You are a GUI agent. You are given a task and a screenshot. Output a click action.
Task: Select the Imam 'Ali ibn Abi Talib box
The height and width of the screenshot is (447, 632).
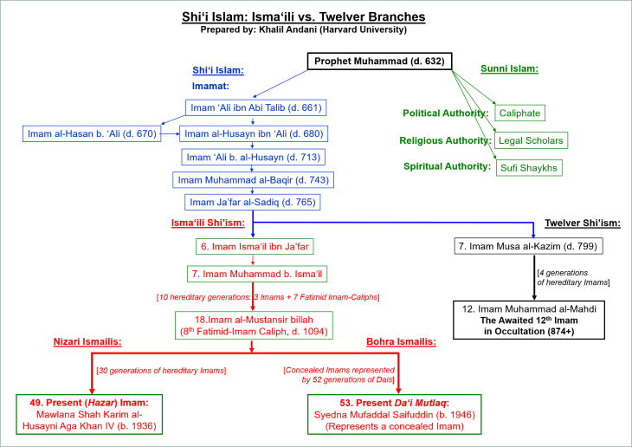(255, 108)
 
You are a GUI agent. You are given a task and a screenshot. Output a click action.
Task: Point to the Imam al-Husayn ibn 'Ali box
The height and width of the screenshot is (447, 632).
(255, 133)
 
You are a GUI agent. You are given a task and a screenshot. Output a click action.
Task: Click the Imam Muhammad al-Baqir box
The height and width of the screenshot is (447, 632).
(255, 179)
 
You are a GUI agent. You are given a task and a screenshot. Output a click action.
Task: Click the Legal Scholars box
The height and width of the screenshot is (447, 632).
(532, 140)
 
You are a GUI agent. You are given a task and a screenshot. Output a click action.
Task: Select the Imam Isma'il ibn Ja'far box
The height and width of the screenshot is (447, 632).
(254, 247)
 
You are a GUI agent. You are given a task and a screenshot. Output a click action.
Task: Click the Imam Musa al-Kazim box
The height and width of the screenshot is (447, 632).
(528, 247)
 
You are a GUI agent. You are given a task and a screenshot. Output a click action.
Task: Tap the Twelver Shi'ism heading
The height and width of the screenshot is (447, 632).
(582, 223)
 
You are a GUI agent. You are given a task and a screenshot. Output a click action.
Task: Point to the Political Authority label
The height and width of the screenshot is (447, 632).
(445, 113)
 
